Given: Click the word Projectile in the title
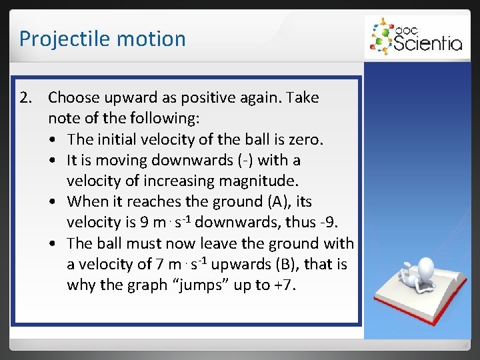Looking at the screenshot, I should coord(58,39).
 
